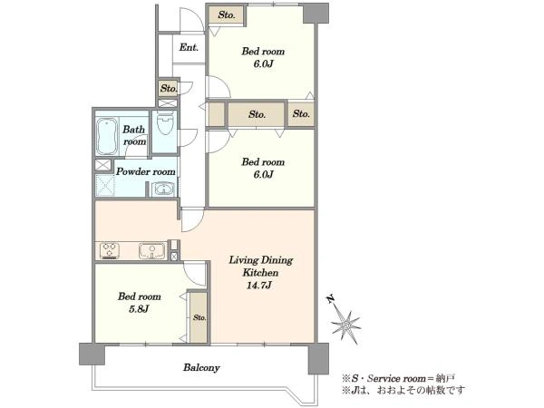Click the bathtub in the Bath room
pyautogui.click(x=106, y=136)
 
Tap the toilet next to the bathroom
pyautogui.click(x=165, y=122)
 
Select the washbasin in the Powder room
pyautogui.click(x=163, y=189)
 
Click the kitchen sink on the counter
pyautogui.click(x=152, y=251)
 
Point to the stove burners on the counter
pyautogui.click(x=110, y=251)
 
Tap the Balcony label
pyautogui.click(x=201, y=367)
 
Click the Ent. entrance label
pyautogui.click(x=189, y=47)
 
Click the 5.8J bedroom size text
pyautogui.click(x=139, y=309)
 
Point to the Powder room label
pyautogui.click(x=145, y=171)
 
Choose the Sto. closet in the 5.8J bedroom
pyautogui.click(x=199, y=317)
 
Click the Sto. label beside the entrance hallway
pyautogui.click(x=169, y=89)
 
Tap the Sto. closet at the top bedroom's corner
pyautogui.click(x=227, y=15)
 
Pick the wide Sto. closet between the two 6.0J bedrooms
pyautogui.click(x=257, y=114)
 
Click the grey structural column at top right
pyautogui.click(x=316, y=14)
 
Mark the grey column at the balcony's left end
pyautogui.click(x=92, y=354)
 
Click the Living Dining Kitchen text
pyautogui.click(x=260, y=267)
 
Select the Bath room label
pyautogui.click(x=134, y=135)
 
